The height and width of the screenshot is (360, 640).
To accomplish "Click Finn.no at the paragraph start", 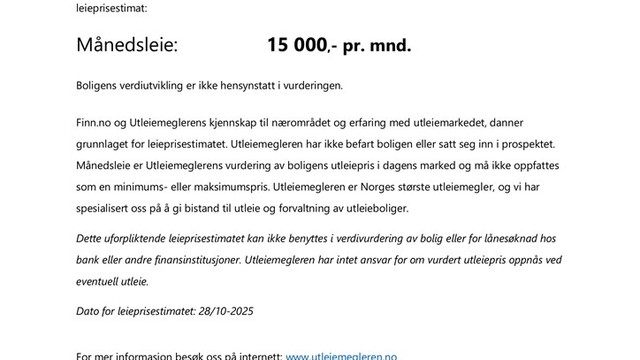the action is (x=96, y=122).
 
